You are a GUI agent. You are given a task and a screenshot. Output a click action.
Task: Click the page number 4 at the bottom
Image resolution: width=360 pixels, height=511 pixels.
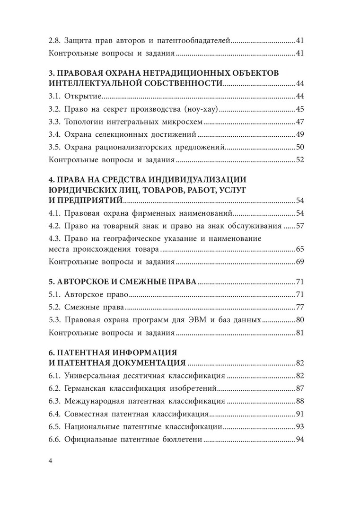(52, 461)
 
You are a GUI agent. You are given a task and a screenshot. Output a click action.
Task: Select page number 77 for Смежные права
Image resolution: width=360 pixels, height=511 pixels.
(299, 307)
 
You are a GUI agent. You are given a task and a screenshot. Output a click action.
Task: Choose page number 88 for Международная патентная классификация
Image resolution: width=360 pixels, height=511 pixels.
(299, 401)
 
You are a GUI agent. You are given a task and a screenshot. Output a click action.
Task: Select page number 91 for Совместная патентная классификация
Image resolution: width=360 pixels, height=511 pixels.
(299, 414)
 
